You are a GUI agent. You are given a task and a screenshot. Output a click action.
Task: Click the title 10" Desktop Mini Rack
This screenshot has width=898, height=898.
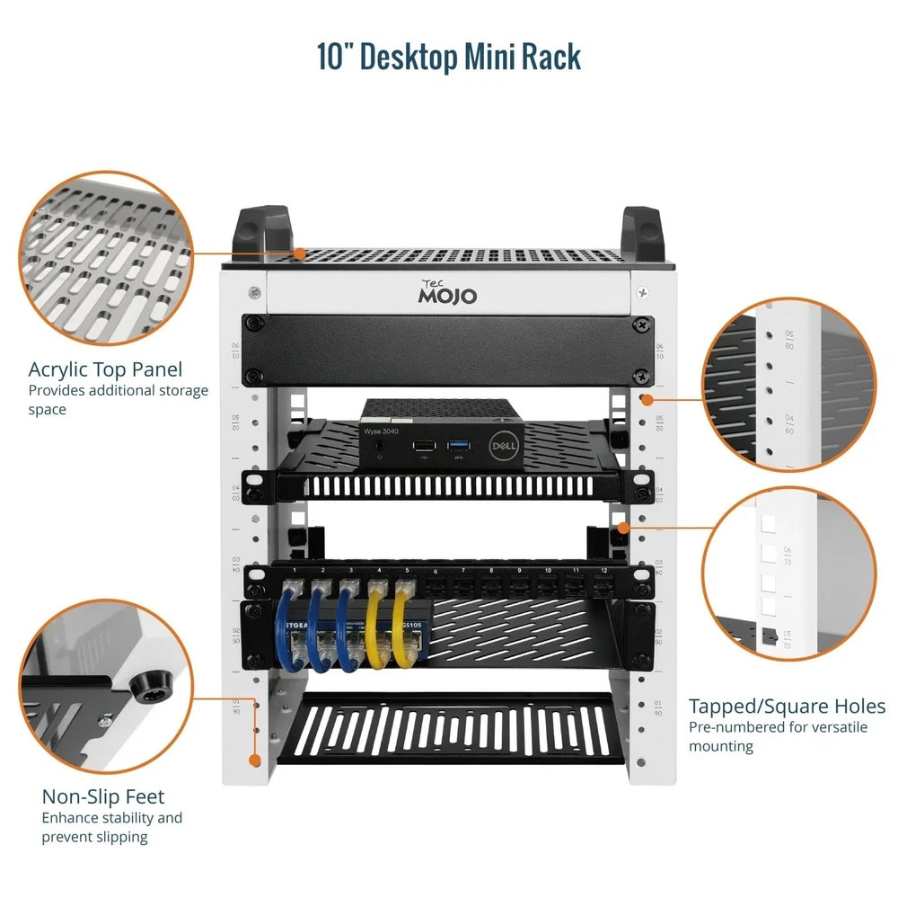click(449, 56)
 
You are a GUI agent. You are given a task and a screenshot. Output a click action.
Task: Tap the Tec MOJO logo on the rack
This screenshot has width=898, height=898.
click(449, 291)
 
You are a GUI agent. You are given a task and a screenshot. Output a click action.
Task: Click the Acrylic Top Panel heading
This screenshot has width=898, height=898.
click(105, 369)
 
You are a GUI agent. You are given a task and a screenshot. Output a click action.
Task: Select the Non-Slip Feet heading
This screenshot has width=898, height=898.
click(103, 796)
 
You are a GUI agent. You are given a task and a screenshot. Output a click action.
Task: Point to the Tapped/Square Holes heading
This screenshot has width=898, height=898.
click(787, 706)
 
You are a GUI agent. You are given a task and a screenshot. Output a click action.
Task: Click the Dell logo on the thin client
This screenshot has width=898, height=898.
click(500, 447)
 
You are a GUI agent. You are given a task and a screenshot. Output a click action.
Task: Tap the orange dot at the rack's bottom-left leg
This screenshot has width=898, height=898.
click(255, 760)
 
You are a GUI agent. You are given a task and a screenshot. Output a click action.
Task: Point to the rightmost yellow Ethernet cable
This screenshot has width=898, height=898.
click(406, 629)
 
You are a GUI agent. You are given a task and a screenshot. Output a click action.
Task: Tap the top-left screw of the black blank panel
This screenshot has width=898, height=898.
click(255, 324)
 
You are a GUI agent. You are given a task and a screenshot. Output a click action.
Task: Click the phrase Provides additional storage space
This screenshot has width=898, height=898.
click(118, 400)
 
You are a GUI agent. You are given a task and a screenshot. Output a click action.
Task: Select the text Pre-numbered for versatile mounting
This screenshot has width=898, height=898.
click(778, 736)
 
